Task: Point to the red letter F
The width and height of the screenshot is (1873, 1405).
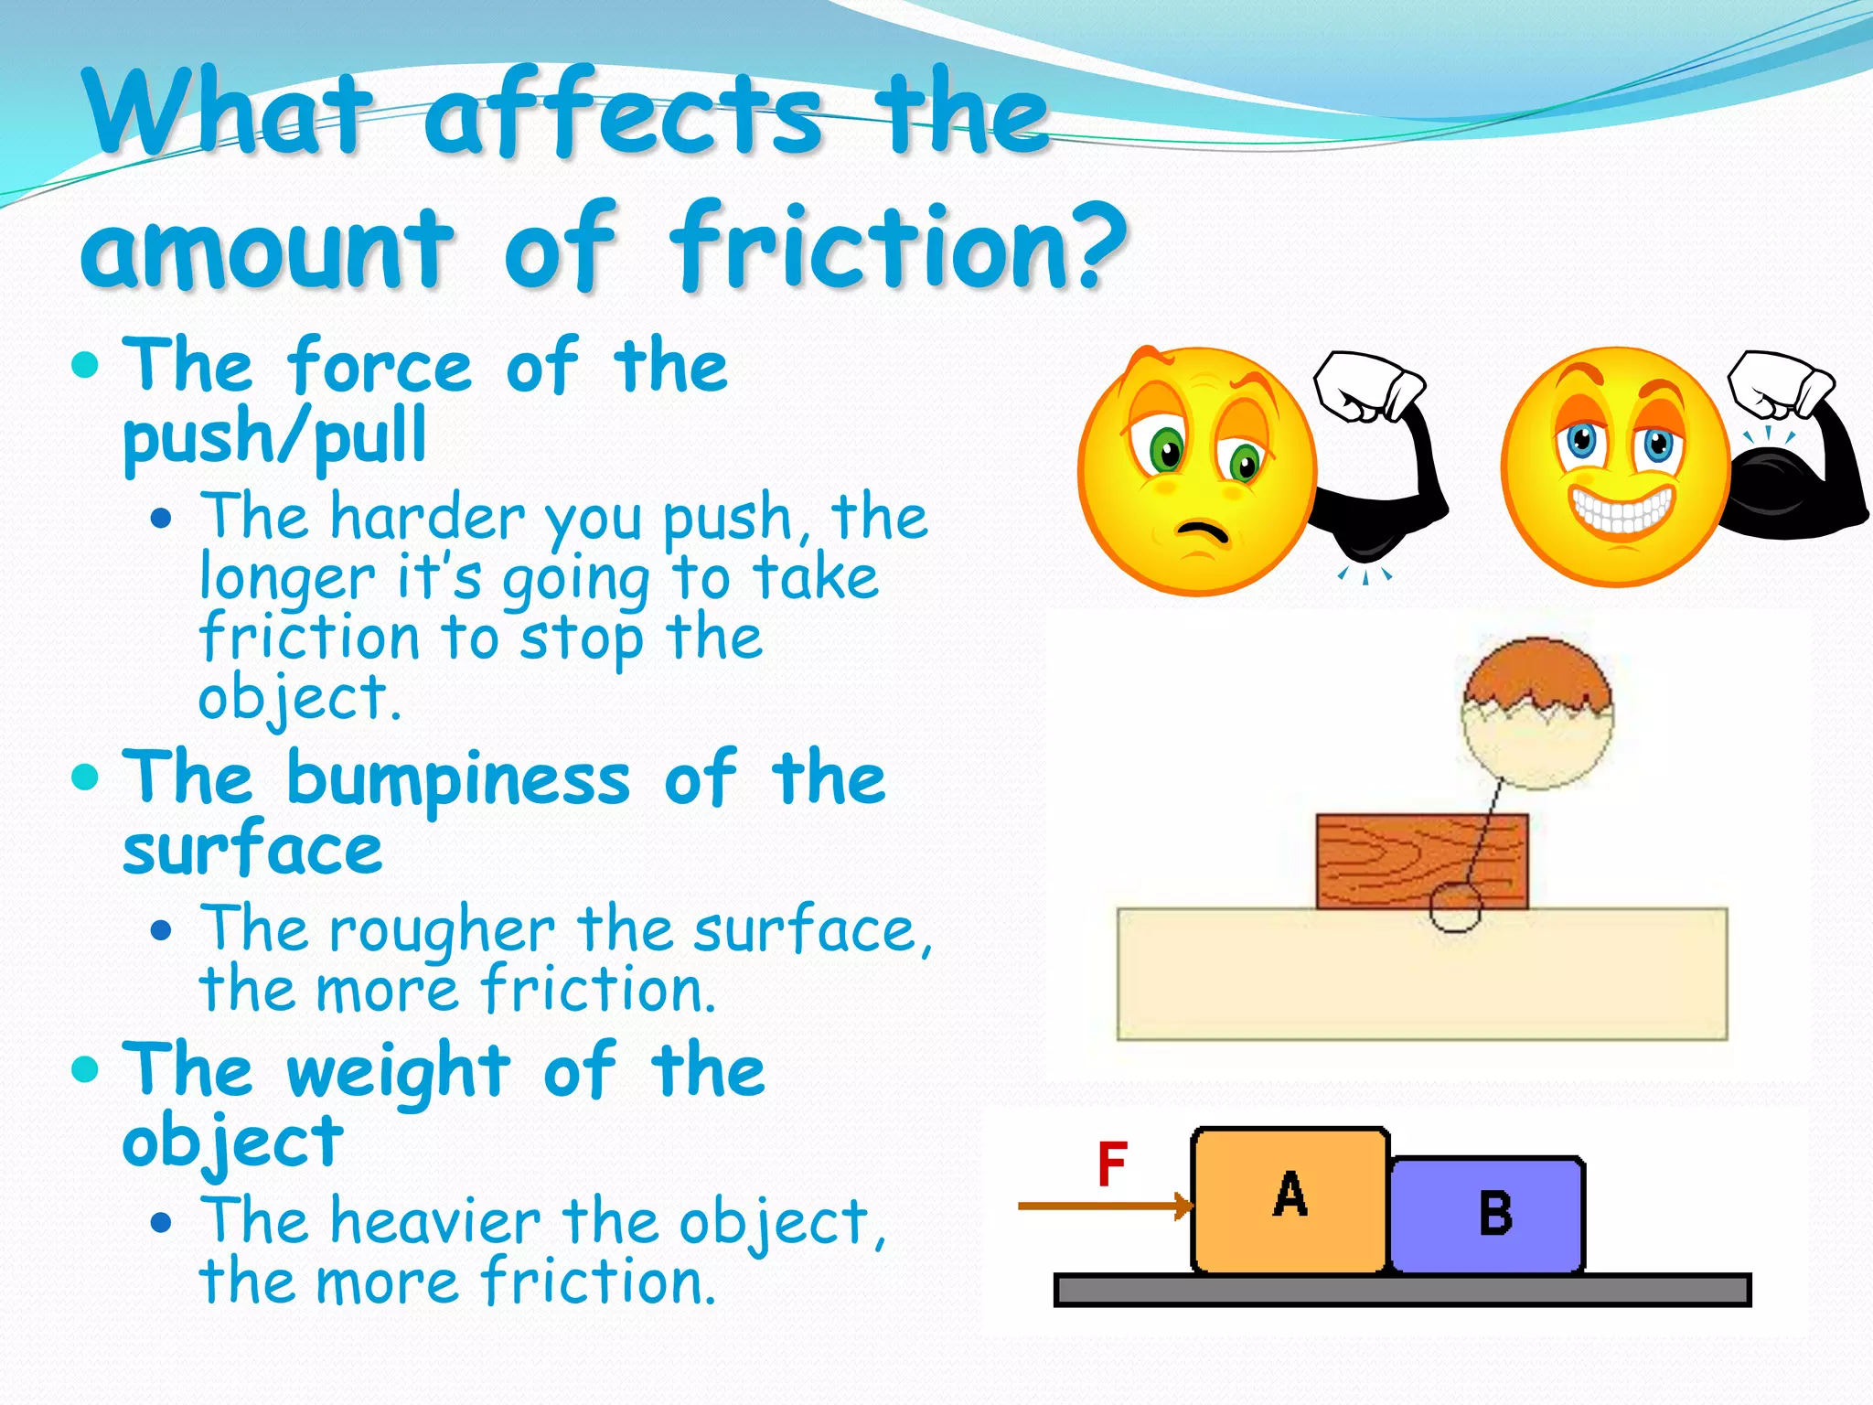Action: tap(1112, 1164)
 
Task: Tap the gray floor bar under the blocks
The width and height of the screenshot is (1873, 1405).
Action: tap(1401, 1290)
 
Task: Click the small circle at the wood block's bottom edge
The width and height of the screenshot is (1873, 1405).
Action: tap(1455, 907)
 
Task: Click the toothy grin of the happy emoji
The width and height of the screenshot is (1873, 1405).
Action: tap(1621, 509)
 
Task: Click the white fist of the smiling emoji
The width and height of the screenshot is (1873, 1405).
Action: tap(1780, 384)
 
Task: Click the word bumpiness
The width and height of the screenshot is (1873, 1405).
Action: tap(458, 779)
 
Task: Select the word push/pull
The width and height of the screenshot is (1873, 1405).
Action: tap(274, 437)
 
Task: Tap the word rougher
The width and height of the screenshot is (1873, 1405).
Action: tap(442, 930)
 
